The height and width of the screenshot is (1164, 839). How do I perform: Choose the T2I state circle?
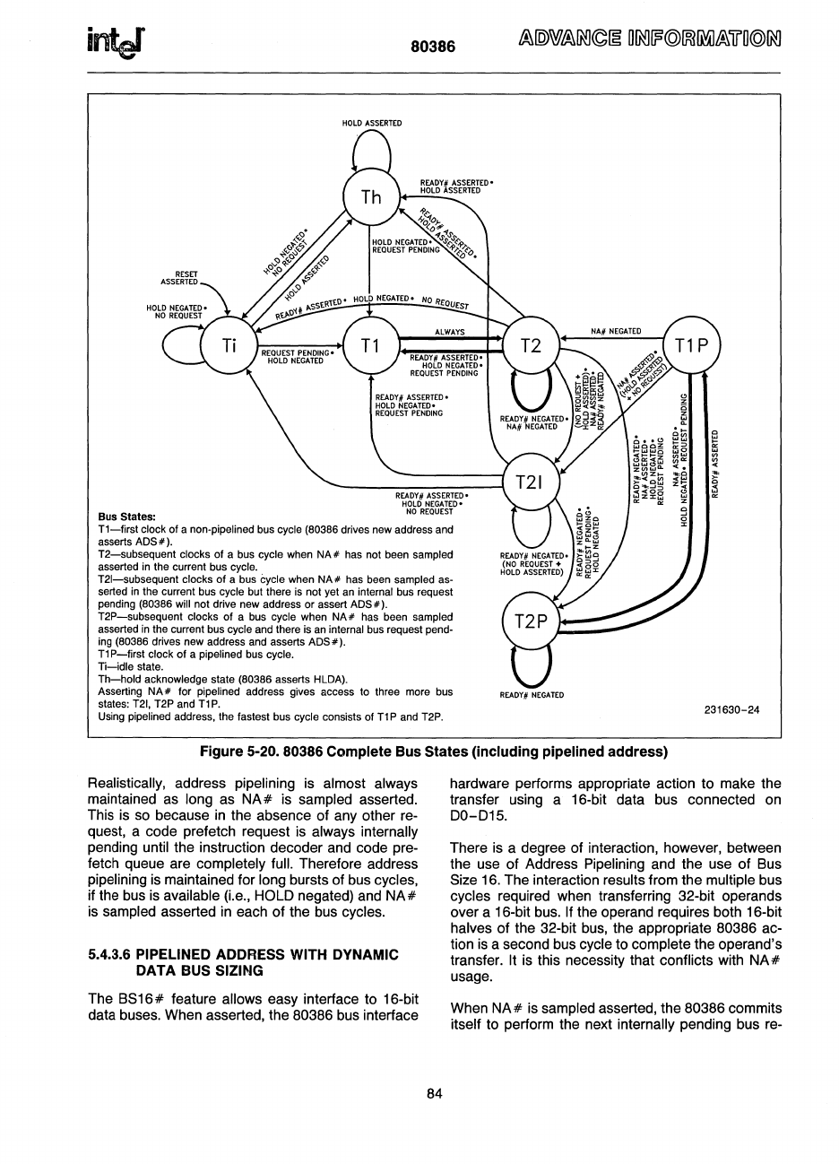(532, 482)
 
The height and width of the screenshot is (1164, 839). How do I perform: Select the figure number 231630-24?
(731, 710)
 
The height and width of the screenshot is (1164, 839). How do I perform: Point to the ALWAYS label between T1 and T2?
(449, 332)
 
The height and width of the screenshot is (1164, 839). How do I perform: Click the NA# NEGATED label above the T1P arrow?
(616, 332)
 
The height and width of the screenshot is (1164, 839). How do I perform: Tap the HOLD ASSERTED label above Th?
(372, 123)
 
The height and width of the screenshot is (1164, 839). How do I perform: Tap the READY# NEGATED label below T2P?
(532, 695)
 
